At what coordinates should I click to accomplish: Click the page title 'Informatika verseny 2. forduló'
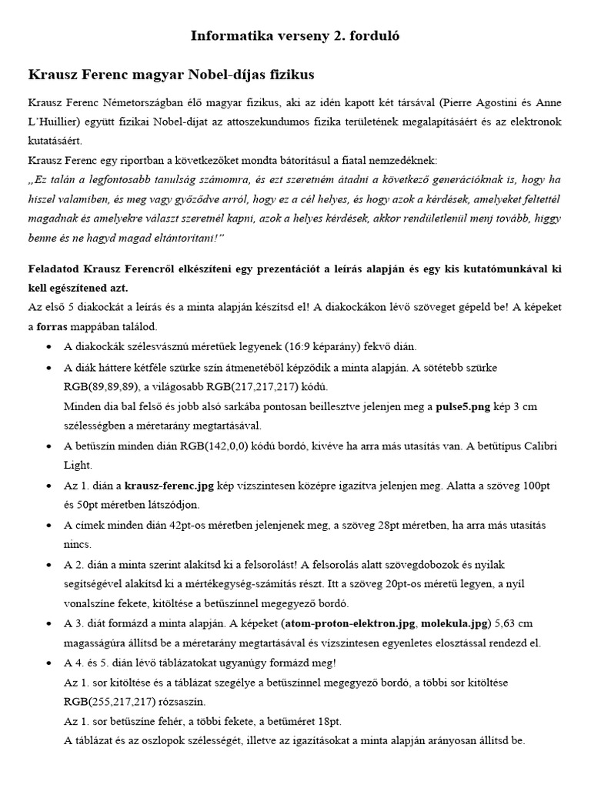pos(295,35)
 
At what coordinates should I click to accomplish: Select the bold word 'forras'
pos(53,327)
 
